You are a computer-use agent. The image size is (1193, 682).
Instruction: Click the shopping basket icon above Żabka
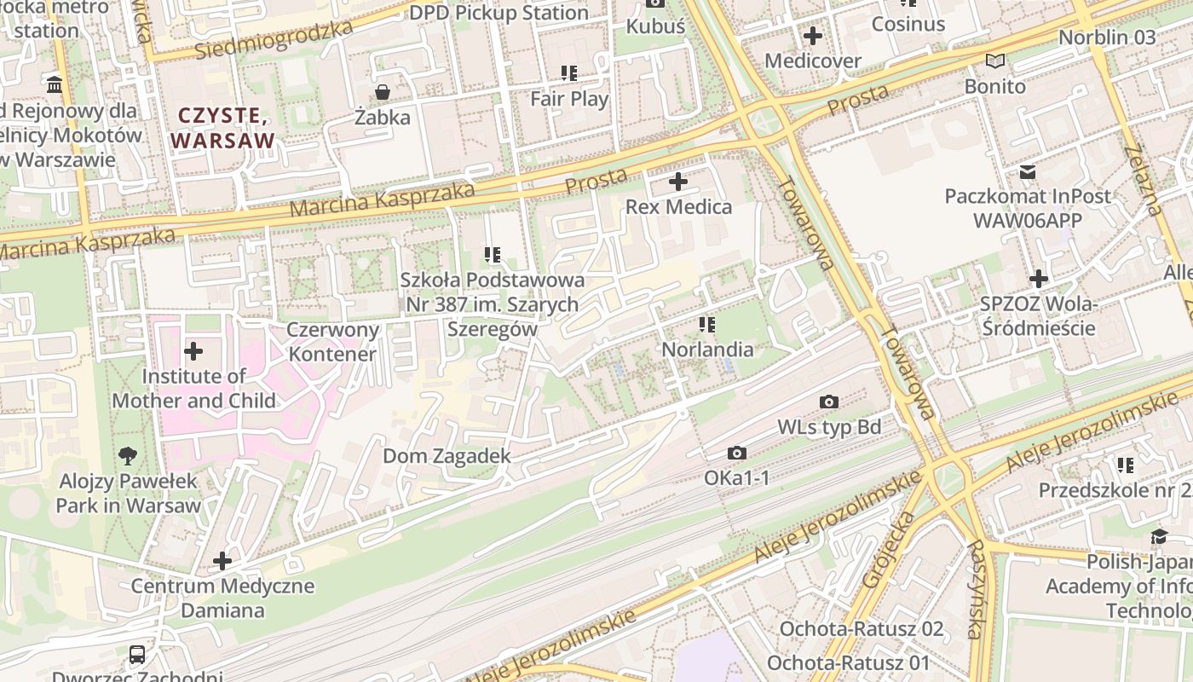(x=383, y=92)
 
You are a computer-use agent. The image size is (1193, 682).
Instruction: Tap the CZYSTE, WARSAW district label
(x=224, y=128)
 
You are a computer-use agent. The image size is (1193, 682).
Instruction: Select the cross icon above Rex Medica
(x=678, y=182)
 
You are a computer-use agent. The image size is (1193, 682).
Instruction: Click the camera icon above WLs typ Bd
(x=828, y=402)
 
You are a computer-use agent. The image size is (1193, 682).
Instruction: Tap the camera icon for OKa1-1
(x=737, y=454)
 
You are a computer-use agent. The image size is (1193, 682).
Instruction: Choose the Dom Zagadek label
(x=447, y=456)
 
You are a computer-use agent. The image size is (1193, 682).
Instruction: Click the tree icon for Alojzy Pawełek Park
(x=128, y=456)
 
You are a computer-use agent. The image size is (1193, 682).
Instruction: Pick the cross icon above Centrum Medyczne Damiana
(x=222, y=561)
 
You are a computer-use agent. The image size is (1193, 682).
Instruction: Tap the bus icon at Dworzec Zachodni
(x=136, y=655)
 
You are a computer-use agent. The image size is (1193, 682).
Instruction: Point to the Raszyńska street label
(x=975, y=588)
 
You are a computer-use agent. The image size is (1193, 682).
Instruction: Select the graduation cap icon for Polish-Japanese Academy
(x=1159, y=536)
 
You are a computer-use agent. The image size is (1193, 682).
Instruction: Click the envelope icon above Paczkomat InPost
(x=1028, y=171)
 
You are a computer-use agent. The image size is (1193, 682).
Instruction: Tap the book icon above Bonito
(x=994, y=61)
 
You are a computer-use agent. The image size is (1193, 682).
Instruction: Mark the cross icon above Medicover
(x=813, y=36)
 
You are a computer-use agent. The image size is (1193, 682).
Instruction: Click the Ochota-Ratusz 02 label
(x=862, y=629)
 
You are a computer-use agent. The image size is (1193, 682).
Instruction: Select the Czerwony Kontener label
(x=332, y=342)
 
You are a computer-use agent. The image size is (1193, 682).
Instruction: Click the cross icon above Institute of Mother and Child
(x=193, y=350)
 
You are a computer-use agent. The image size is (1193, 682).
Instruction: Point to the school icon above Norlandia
(x=706, y=325)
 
